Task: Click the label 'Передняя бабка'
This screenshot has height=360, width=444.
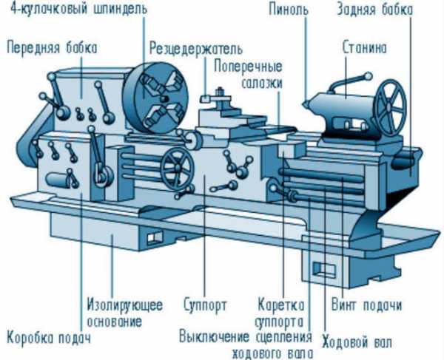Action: pos(52,47)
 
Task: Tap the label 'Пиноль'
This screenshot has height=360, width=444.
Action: pos(289,10)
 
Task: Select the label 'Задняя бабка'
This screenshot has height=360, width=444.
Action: pos(375,10)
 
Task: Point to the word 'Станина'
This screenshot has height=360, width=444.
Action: pos(364,47)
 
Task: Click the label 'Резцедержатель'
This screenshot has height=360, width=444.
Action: pos(196,49)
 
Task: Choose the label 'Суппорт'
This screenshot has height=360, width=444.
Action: pos(205,305)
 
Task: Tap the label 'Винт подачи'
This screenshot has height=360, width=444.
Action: pos(367,305)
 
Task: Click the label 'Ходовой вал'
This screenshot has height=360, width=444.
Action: pos(357,342)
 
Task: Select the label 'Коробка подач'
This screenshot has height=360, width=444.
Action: pos(49,338)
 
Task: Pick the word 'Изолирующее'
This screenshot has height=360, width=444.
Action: pos(125,305)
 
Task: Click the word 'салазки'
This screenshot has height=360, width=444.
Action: pos(262,84)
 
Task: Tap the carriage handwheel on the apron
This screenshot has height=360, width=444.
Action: pos(178,169)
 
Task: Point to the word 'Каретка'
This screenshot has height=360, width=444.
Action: pos(281,305)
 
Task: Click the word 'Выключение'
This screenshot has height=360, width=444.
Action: pos(215,337)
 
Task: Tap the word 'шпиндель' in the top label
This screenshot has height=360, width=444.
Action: pos(121,9)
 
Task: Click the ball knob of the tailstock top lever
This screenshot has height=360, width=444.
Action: pos(368,76)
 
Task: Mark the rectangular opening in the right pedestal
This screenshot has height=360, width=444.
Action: pos(324,268)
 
